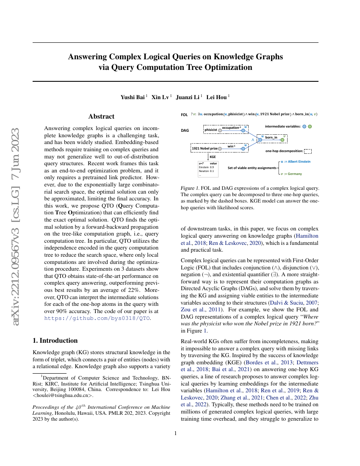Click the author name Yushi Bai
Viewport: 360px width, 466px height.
(133, 97)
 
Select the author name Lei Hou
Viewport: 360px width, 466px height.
(216, 97)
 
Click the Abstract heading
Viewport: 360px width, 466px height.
(101, 116)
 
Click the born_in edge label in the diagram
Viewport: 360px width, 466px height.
(271, 137)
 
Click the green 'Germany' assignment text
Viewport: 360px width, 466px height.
(295, 174)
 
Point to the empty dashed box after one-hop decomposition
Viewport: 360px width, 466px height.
(308, 151)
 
